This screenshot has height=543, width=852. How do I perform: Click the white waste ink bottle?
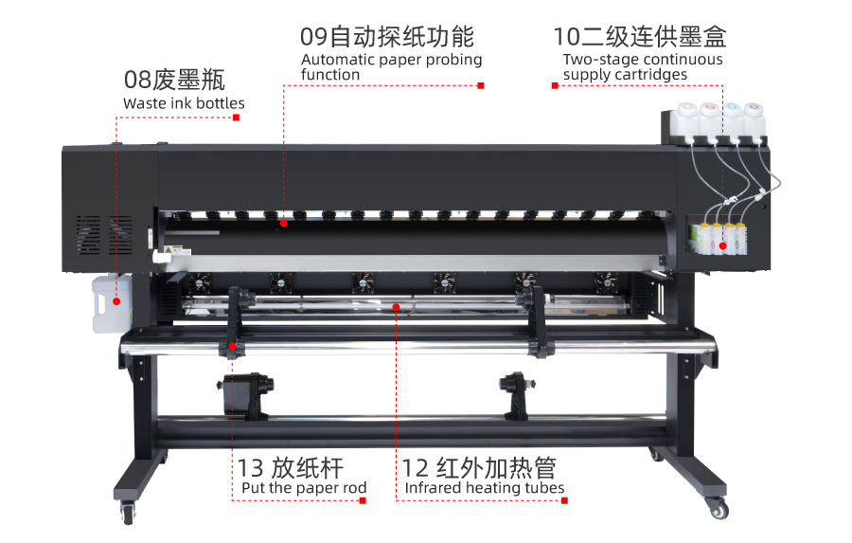(x=112, y=303)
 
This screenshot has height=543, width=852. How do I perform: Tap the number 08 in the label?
(x=137, y=80)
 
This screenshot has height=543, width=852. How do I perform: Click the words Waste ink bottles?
(x=184, y=103)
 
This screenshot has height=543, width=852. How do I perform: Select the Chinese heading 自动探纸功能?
(x=401, y=37)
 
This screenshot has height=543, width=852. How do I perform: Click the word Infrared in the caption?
(x=433, y=487)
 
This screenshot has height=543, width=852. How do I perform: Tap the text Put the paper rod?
(x=304, y=488)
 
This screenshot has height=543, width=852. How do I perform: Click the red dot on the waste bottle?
(x=116, y=301)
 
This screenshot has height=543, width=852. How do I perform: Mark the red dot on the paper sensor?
(x=284, y=223)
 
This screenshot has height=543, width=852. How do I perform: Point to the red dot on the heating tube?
(x=396, y=307)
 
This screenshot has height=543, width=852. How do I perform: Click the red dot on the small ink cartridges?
(x=722, y=246)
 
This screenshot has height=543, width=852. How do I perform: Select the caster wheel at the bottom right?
(x=718, y=509)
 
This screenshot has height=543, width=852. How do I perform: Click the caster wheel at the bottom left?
(x=128, y=514)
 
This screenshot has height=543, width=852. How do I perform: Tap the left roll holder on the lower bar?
(x=247, y=395)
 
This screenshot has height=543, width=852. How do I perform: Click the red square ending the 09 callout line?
(x=481, y=85)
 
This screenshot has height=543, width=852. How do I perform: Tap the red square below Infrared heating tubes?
(x=564, y=500)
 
